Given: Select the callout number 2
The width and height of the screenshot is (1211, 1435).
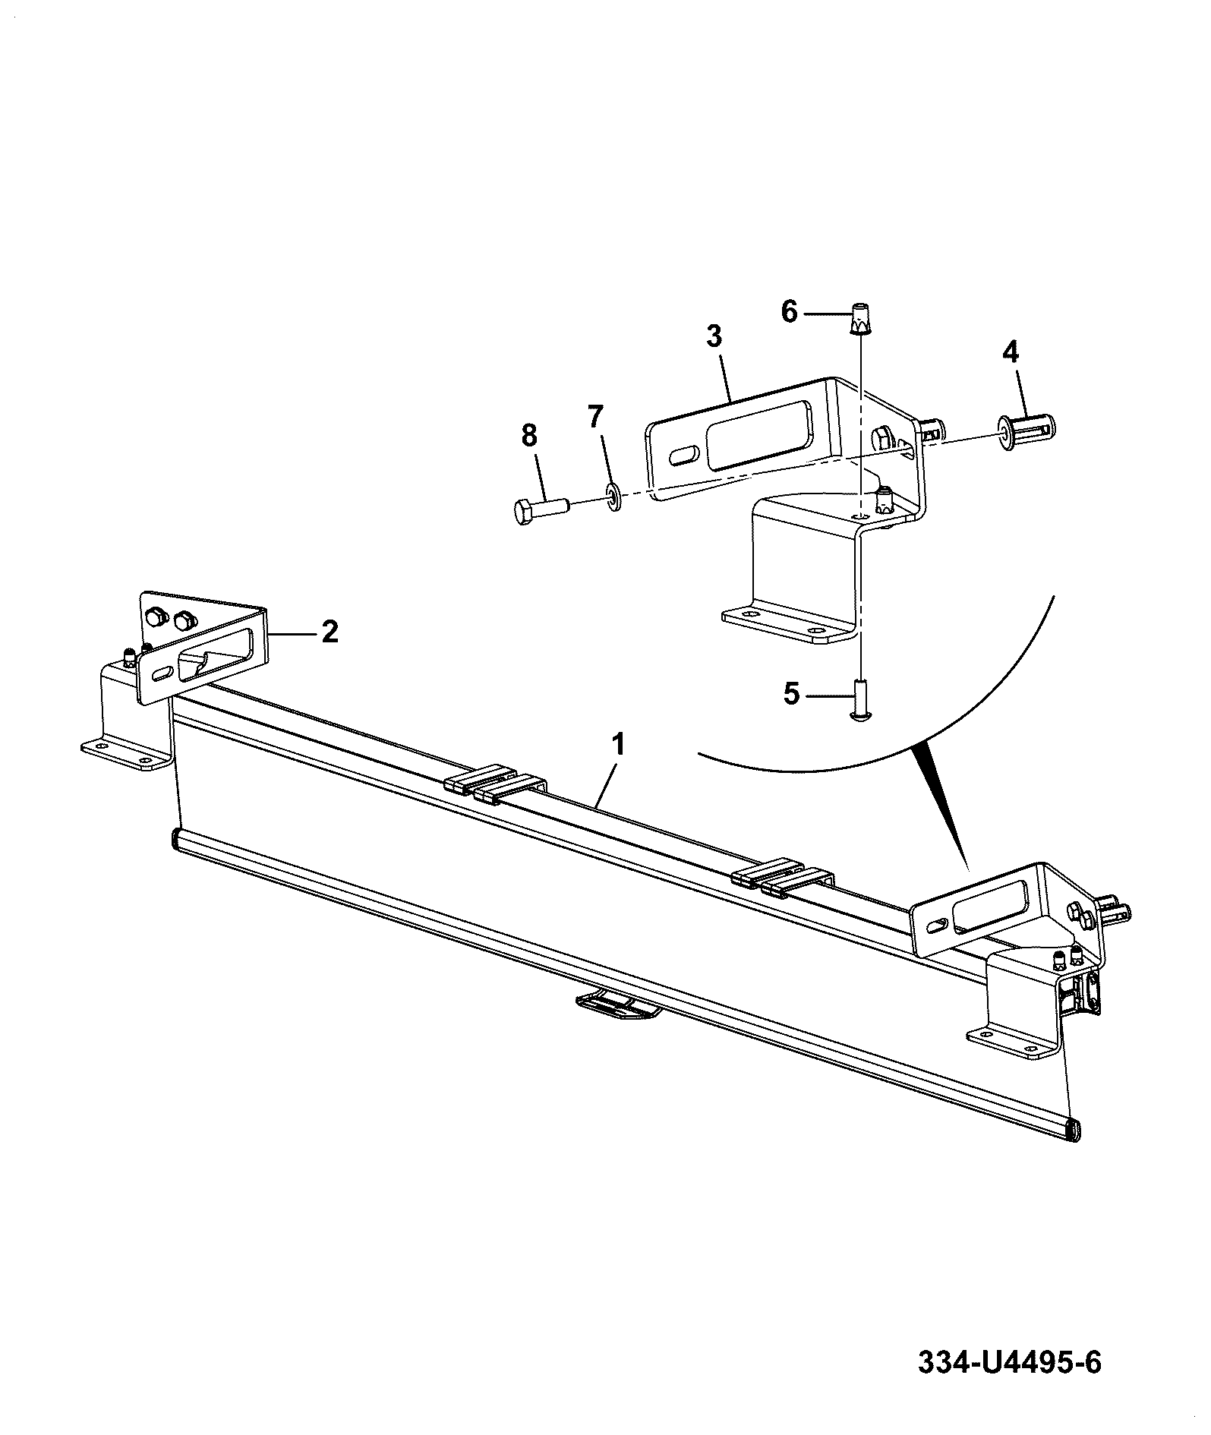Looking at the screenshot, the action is point(330,632).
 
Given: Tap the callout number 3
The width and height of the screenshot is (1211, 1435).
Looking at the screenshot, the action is point(714,337).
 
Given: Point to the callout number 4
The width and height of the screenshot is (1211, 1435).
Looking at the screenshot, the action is point(1011,352).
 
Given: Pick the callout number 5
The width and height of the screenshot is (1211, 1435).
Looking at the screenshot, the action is point(792,694).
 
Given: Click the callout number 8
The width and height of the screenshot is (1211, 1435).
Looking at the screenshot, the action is point(529,436).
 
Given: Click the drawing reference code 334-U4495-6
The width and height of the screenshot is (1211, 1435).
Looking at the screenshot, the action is point(1010,1362).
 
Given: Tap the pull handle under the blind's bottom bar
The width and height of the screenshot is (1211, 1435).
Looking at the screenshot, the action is point(615,1004).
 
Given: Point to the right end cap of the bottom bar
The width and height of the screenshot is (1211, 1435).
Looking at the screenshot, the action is point(1074,1130).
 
